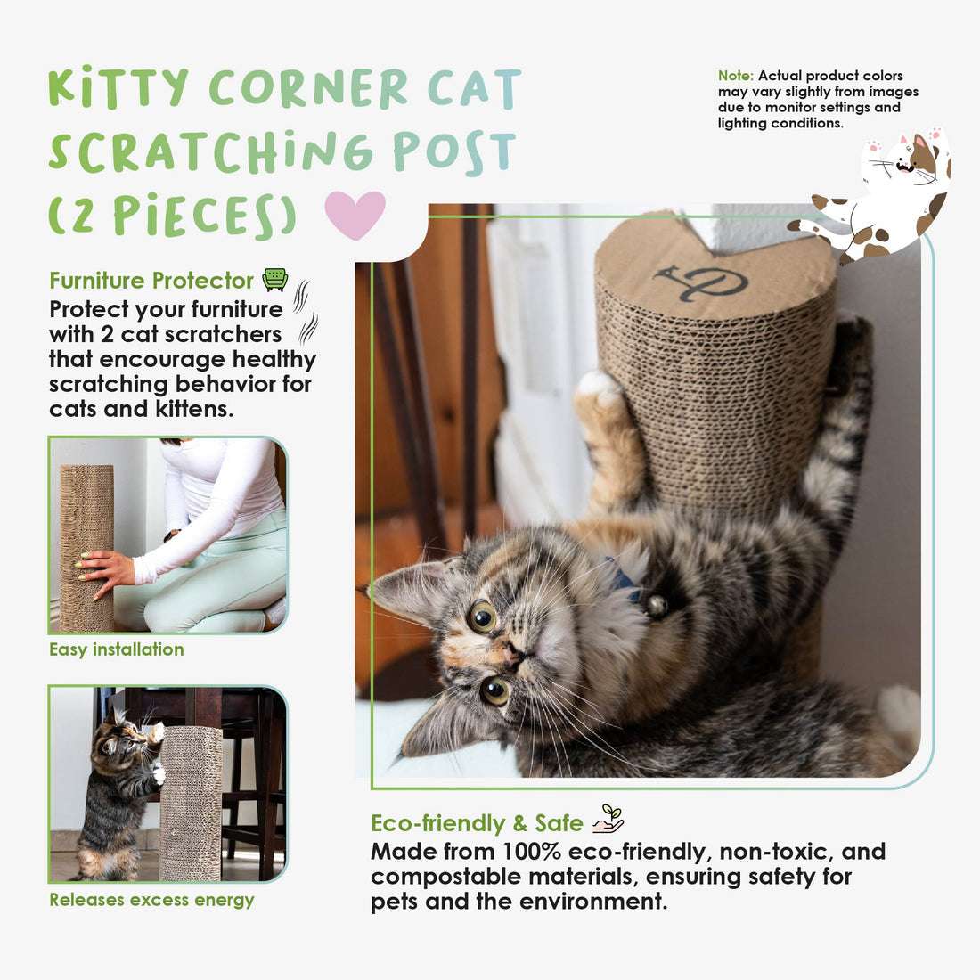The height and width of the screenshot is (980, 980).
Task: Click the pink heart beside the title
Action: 355,215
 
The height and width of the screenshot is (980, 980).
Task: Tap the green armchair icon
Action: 275,279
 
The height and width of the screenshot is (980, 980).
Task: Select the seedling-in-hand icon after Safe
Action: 608,819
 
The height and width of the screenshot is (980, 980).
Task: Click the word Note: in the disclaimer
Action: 736,76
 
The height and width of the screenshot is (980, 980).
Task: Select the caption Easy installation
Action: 116,649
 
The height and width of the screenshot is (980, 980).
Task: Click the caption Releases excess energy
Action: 151,900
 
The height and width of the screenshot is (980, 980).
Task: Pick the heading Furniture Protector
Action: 151,281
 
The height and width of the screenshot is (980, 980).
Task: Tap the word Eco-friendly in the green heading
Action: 438,823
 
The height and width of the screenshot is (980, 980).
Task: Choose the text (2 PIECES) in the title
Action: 173,215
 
